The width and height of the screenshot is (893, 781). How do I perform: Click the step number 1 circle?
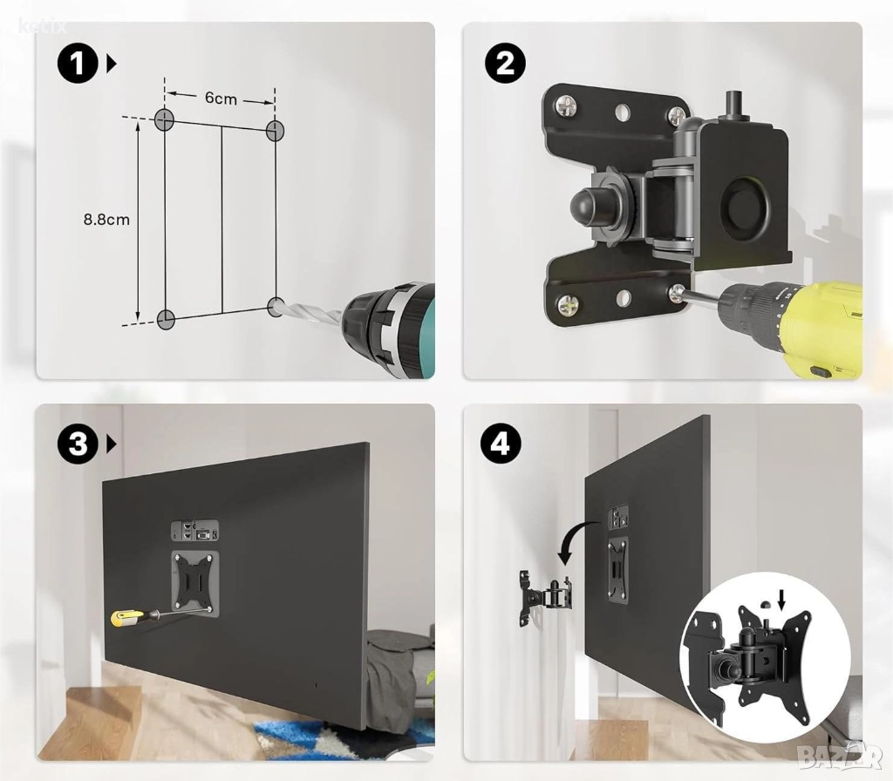[x=78, y=64]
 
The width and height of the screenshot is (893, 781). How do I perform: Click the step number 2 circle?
[x=505, y=64]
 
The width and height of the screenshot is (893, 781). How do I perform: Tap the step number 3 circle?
[x=78, y=444]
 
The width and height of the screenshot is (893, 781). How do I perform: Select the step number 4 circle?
[x=501, y=444]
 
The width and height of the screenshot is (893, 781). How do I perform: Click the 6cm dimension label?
[x=221, y=98]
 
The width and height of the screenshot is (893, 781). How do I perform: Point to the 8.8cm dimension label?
[x=106, y=219]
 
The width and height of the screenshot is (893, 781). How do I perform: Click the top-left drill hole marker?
[x=165, y=119]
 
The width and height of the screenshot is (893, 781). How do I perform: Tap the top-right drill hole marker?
[x=275, y=130]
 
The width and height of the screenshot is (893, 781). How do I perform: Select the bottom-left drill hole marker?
[x=165, y=319]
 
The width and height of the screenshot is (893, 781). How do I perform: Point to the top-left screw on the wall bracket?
[x=565, y=105]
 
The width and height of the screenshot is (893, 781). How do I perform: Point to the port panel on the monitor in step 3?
[x=194, y=530]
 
